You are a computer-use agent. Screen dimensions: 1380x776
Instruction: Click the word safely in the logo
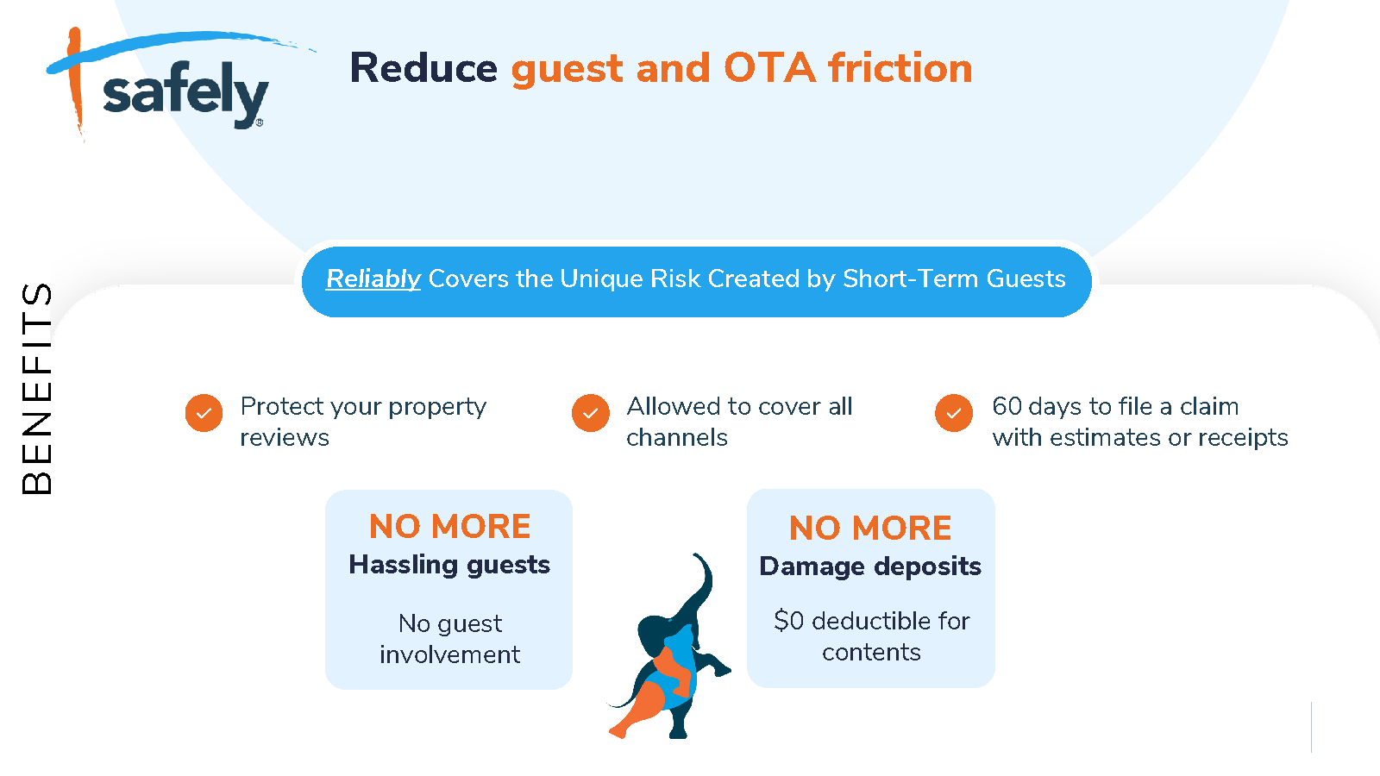[x=185, y=96]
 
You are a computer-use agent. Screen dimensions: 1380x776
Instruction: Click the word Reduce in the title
[x=423, y=68]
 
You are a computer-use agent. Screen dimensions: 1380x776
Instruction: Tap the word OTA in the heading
[x=769, y=68]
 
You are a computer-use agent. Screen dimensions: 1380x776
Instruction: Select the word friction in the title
[x=900, y=68]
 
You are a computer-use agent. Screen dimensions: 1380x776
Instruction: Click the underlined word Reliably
[x=373, y=279]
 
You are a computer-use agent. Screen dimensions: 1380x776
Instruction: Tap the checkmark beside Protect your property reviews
[x=204, y=413]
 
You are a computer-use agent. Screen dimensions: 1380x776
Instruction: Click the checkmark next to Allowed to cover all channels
[x=590, y=413]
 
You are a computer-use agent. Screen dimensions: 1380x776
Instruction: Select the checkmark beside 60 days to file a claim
[x=954, y=413]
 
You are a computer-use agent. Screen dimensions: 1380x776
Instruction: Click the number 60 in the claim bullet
[x=1006, y=406]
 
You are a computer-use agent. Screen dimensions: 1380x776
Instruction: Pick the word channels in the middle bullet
[x=677, y=437]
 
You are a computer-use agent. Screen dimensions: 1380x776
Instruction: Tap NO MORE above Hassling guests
[x=449, y=527]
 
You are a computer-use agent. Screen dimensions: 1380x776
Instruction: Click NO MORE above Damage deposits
[x=870, y=528]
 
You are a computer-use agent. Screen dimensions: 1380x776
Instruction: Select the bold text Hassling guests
[x=449, y=566]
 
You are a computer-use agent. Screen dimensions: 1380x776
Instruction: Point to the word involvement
[x=449, y=654]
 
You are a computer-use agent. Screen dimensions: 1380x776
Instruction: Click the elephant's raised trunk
[x=699, y=585]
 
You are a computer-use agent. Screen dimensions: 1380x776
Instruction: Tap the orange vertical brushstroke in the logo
[x=75, y=83]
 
